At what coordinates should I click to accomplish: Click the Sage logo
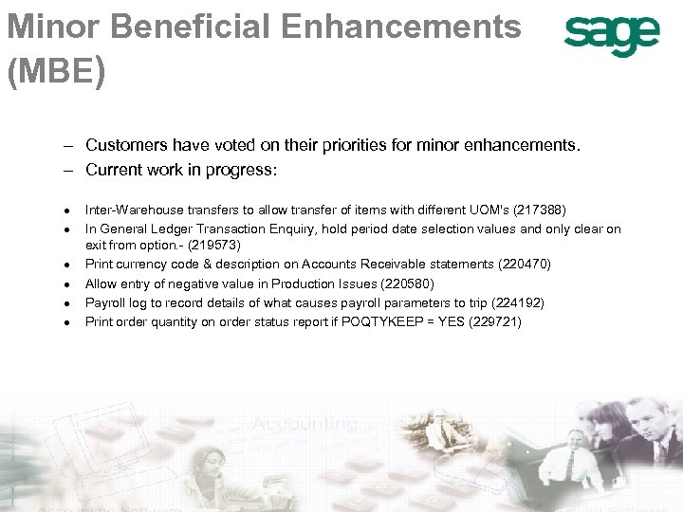612,37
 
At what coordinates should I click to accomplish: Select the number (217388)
539,210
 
